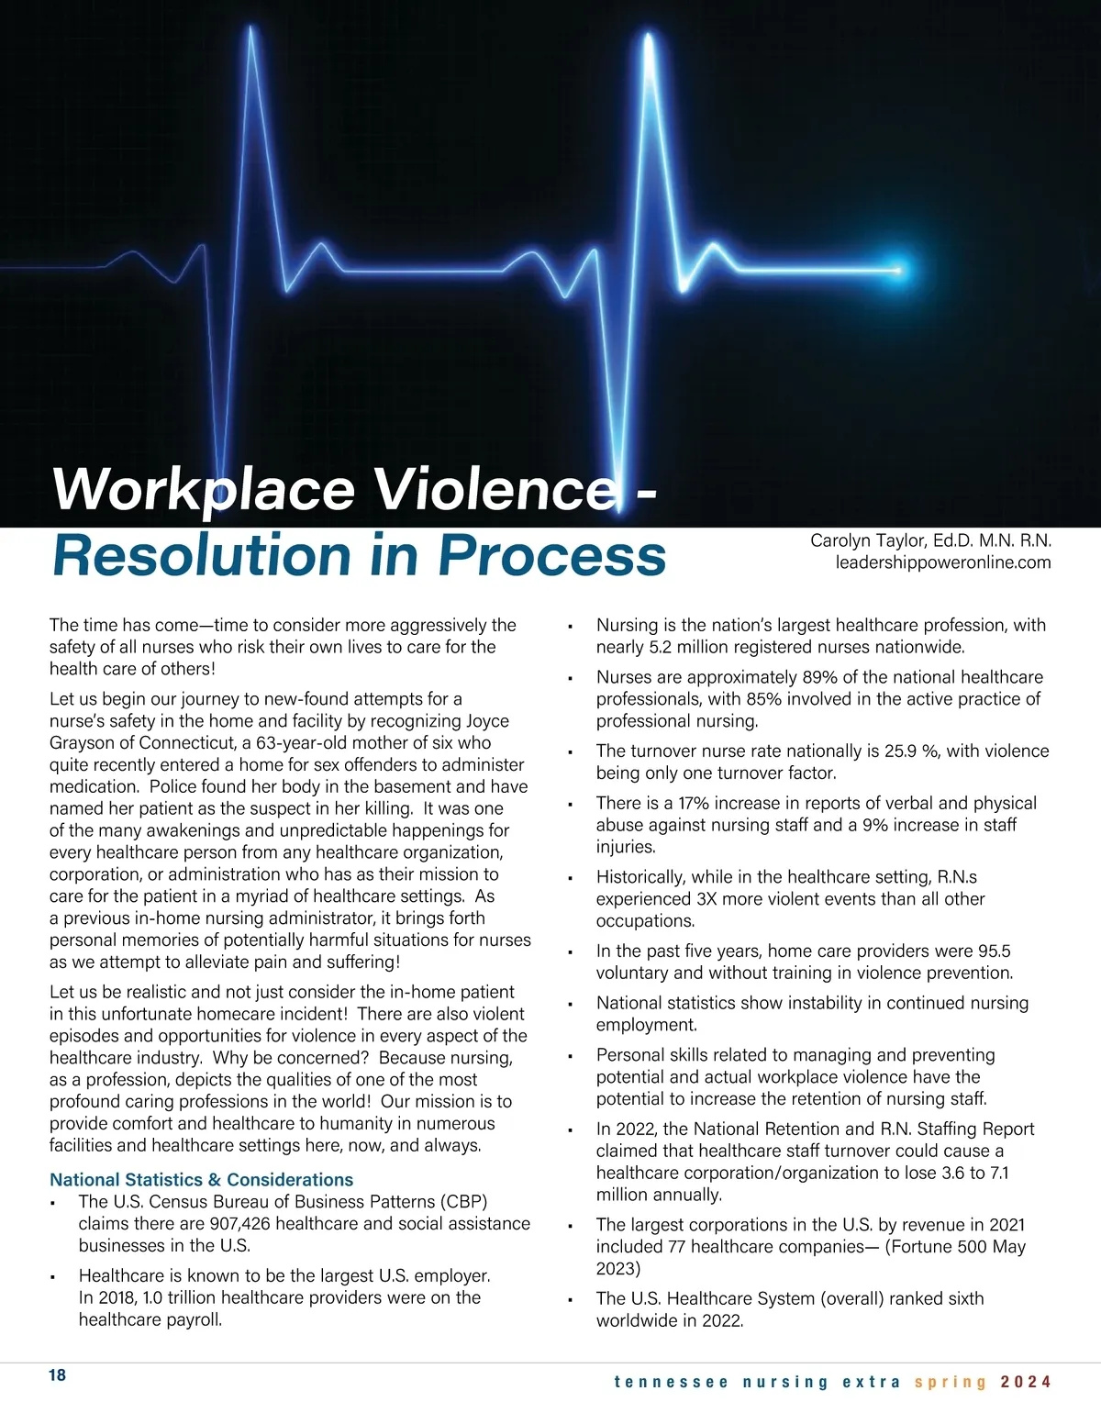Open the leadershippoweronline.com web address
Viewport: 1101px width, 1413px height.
click(x=942, y=562)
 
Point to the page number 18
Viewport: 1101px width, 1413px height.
click(x=57, y=1374)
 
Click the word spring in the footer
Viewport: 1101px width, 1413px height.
click(x=951, y=1382)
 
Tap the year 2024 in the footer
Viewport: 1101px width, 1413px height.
click(x=1026, y=1382)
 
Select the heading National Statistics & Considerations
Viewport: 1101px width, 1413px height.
click(x=201, y=1180)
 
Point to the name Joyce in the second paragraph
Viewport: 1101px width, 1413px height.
click(x=487, y=721)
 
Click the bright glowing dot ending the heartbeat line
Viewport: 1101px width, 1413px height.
click(x=897, y=270)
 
